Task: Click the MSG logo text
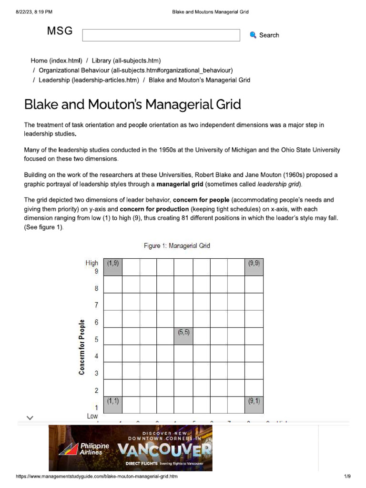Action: coord(60,31)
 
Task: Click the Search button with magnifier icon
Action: coord(264,35)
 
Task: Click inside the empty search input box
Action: coord(161,35)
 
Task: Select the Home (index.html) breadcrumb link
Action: coord(56,61)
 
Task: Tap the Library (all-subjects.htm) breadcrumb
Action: coord(126,61)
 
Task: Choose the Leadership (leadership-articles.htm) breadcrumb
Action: coord(89,80)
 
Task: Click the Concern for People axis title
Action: coord(82,346)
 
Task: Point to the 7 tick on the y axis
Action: coord(96,305)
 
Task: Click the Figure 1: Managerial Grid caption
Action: coord(177,246)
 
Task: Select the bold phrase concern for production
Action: coord(154,209)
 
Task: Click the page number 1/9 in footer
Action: coord(347,477)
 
